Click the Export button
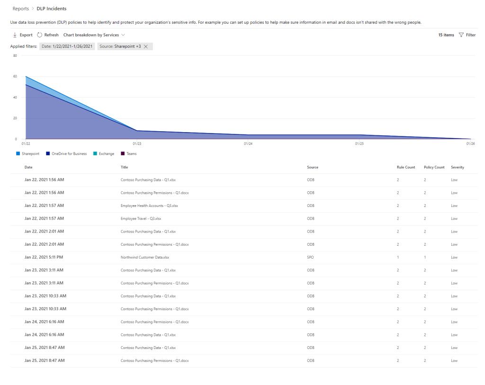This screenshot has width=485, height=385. [23, 35]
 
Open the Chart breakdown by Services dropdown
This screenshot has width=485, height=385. [94, 35]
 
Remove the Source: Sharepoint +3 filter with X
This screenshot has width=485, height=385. [146, 46]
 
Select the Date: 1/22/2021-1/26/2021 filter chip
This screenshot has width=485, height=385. [67, 46]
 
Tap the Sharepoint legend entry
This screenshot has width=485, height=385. [28, 153]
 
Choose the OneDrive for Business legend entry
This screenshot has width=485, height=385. [66, 153]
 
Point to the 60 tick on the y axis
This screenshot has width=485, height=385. [15, 76]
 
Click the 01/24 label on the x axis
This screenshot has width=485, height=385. [248, 143]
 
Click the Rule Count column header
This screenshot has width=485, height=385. [406, 167]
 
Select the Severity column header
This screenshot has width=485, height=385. [458, 167]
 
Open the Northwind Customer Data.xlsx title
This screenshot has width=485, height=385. [145, 257]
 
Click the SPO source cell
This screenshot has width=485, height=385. [311, 257]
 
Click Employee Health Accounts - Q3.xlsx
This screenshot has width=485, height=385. [149, 206]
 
